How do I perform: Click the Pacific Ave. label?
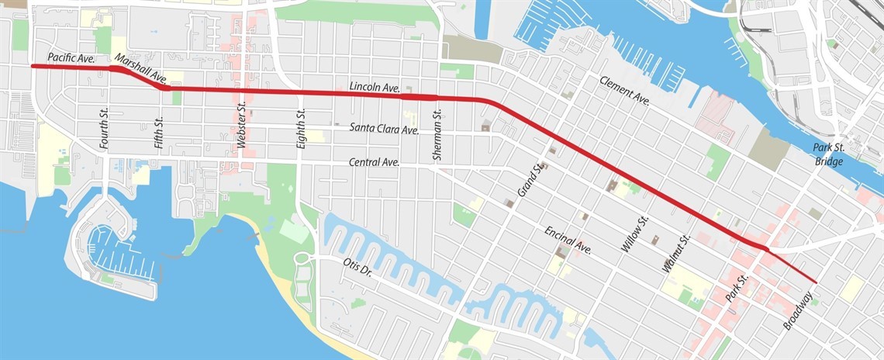pyautogui.click(x=70, y=57)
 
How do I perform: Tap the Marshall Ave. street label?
pyautogui.click(x=140, y=67)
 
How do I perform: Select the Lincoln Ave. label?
pyautogui.click(x=375, y=88)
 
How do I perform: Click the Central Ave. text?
pyautogui.click(x=374, y=162)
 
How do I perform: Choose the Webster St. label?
pyautogui.click(x=242, y=127)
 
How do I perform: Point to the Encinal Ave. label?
pyautogui.click(x=568, y=241)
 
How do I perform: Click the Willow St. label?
pyautogui.click(x=634, y=236)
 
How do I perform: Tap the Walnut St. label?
pyautogui.click(x=675, y=253)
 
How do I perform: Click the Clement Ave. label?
pyautogui.click(x=624, y=90)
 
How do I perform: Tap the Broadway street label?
pyautogui.click(x=798, y=310)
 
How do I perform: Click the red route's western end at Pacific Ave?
pyautogui.click(x=33, y=67)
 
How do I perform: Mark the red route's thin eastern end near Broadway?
pyautogui.click(x=816, y=282)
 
